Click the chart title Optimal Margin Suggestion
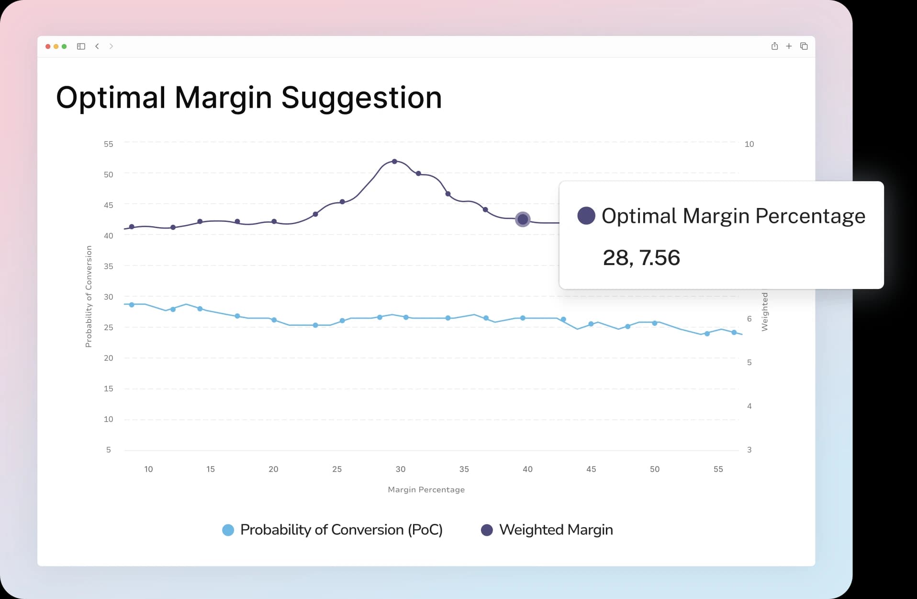coord(249,98)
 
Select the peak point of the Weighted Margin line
coord(394,161)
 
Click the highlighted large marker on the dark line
coord(523,219)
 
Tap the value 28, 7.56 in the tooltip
coord(641,258)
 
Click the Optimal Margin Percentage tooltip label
coord(733,216)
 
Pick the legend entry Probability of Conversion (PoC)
coord(341,530)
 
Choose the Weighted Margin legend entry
coord(555,530)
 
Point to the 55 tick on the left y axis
coord(109,144)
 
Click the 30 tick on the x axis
coord(401,469)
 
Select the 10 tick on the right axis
coord(749,144)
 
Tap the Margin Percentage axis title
coord(426,489)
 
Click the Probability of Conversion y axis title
coord(89,296)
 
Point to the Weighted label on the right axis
coord(764,311)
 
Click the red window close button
coord(48,46)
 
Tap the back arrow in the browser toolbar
coord(97,46)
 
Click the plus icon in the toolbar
coord(789,46)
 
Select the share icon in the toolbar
coord(774,46)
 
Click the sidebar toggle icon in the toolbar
coord(81,46)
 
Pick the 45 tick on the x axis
coord(591,469)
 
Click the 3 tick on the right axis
coord(749,449)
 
